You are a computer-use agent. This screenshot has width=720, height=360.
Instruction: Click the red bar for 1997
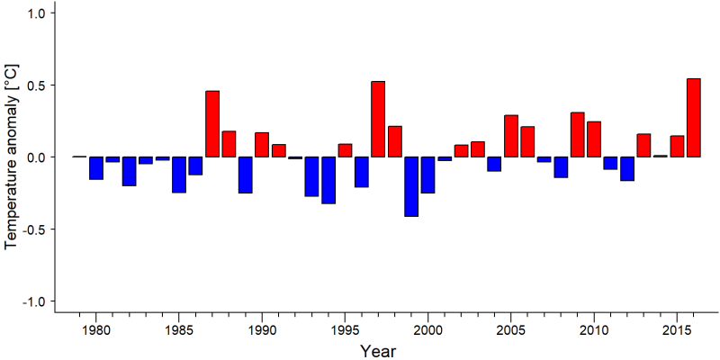[378, 119]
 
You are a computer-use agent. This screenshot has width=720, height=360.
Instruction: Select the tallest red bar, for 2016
[693, 118]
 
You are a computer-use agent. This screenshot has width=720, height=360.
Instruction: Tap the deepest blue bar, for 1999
[411, 186]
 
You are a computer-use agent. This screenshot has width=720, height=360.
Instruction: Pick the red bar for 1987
[212, 124]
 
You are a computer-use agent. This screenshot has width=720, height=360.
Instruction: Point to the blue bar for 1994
[328, 180]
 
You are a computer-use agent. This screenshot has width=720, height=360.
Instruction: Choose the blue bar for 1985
[179, 175]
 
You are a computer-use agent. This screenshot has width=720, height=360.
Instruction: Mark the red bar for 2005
[511, 136]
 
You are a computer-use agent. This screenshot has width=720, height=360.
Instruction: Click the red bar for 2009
[577, 134]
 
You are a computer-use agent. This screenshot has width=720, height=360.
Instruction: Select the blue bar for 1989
[245, 175]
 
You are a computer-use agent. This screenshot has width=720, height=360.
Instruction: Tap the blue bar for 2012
[627, 168]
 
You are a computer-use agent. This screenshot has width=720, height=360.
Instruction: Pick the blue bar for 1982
[129, 171]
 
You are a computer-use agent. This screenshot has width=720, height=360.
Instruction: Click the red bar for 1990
[262, 145]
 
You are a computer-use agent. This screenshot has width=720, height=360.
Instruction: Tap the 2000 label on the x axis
[427, 330]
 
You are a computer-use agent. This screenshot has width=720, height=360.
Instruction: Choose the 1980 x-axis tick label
[96, 330]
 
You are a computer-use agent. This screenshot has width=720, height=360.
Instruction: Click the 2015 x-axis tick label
[677, 330]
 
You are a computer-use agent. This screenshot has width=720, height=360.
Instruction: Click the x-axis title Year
[377, 351]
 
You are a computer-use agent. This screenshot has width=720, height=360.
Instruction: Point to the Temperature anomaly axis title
[13, 157]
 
